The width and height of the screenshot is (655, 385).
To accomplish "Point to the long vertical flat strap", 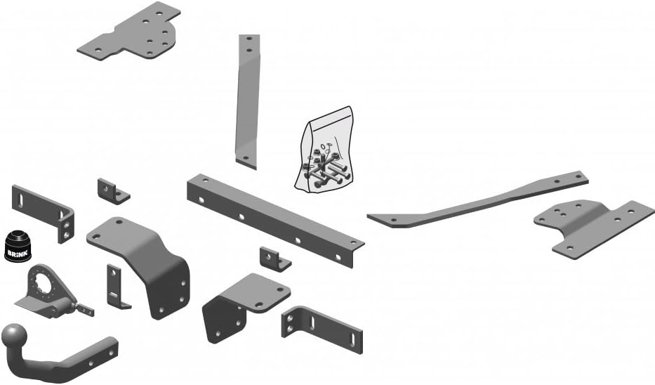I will coord(248,98).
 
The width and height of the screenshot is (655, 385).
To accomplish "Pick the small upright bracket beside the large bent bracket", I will coord(115,287).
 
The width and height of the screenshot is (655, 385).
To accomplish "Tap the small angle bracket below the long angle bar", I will coord(274,258).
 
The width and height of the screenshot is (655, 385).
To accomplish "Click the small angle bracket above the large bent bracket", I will coord(112,190).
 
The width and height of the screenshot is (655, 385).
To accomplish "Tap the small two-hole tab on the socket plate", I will coord(84,309).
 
